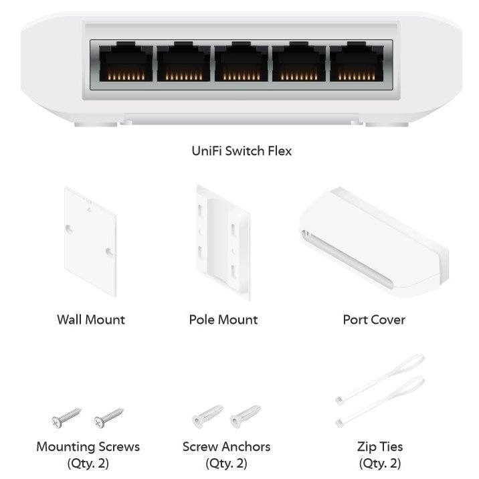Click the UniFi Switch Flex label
coord(242,151)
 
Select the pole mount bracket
coord(223,242)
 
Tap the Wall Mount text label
coord(90,320)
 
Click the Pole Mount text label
coord(223,320)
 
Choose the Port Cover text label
coord(373,320)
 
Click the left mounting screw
coord(66,418)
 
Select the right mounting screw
coord(108,418)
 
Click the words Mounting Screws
coord(88,446)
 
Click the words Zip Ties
coord(380,446)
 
